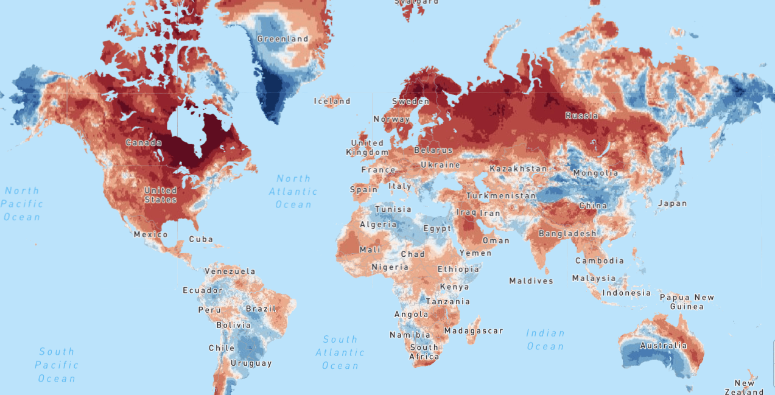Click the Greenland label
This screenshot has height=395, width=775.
click(x=282, y=39)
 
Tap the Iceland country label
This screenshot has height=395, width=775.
click(x=332, y=101)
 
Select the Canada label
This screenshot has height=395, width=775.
click(x=144, y=143)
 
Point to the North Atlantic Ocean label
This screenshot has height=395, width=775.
click(x=293, y=191)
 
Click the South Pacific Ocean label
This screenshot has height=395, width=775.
click(x=57, y=365)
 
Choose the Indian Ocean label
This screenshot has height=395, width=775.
click(x=545, y=340)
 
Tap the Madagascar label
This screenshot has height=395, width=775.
click(x=474, y=331)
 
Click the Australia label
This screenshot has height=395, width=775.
click(x=663, y=346)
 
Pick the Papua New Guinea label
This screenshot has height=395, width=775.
click(x=687, y=302)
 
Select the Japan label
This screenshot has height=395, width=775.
click(x=672, y=204)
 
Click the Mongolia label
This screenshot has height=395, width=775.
click(x=595, y=173)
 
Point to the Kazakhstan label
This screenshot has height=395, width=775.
click(x=518, y=169)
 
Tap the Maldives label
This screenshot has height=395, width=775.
click(x=531, y=281)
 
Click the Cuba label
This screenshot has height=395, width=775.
click(x=201, y=239)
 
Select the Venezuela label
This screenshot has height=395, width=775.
click(x=230, y=271)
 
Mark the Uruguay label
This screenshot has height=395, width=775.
click(x=251, y=363)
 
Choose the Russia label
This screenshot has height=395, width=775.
click(x=581, y=116)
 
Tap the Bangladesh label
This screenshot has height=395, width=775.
click(x=567, y=234)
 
